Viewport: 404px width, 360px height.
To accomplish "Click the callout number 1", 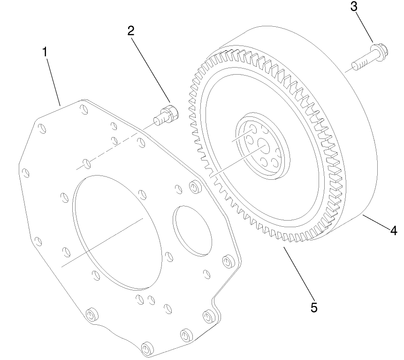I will click(x=45, y=52).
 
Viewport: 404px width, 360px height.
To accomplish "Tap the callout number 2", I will click(x=131, y=31).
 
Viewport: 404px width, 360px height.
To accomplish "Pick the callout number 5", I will click(x=314, y=307).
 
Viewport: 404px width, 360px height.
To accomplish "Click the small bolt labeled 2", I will click(x=166, y=114).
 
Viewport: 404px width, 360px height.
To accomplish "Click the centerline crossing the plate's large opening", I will click(x=101, y=242).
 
